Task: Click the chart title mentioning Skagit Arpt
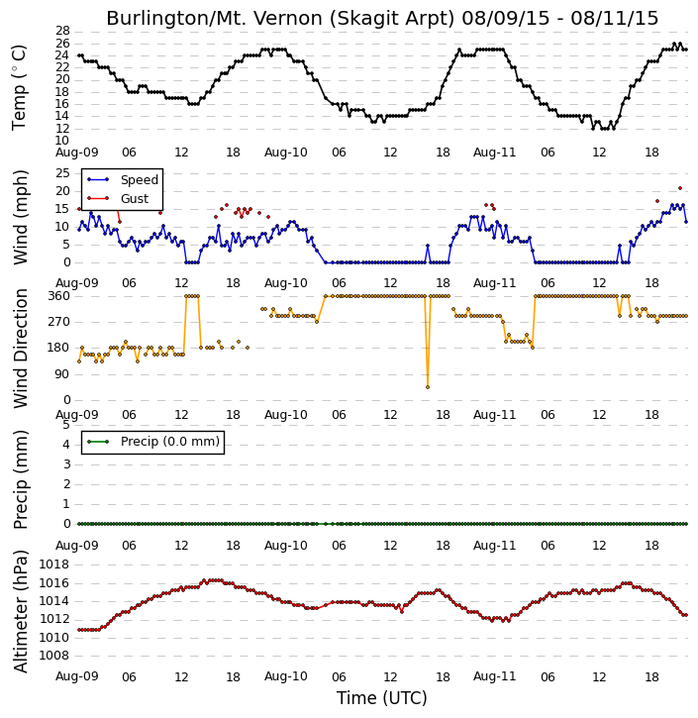click(382, 18)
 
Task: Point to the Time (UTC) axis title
click(382, 698)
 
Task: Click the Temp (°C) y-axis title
click(19, 88)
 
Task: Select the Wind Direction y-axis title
click(21, 349)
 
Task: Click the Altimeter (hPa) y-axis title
click(21, 611)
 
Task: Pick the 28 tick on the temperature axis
click(62, 31)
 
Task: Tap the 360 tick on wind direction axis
click(59, 296)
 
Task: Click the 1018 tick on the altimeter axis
click(54, 564)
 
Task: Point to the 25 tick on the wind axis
click(62, 173)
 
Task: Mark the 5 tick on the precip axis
click(66, 425)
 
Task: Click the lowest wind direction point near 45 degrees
click(428, 387)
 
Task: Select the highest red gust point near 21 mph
click(680, 188)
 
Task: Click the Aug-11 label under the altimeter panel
click(494, 676)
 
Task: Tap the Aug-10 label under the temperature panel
click(285, 153)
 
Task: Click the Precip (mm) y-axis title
click(21, 479)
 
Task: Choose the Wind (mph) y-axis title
click(21, 218)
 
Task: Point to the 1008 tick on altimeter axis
click(54, 656)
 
